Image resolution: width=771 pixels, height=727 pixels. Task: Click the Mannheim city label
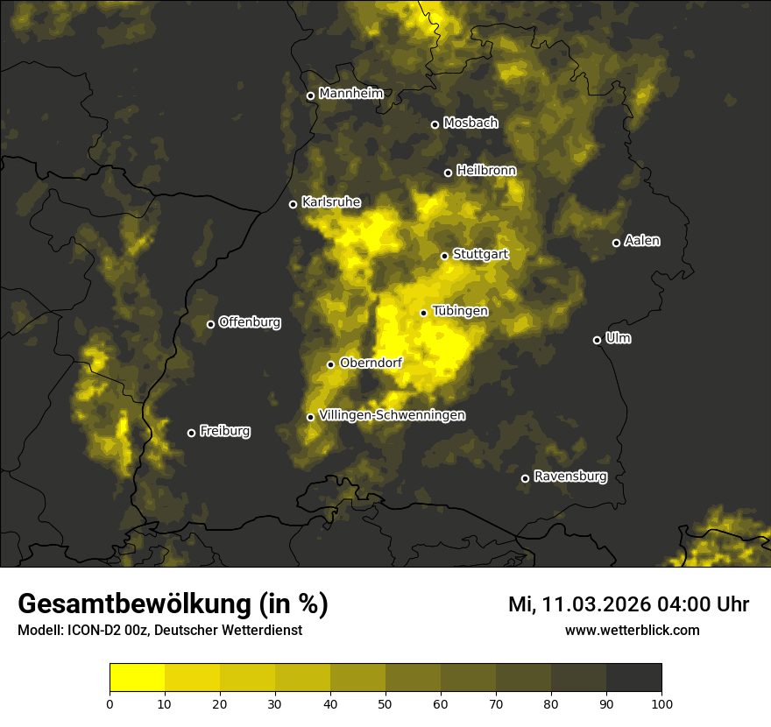[351, 93]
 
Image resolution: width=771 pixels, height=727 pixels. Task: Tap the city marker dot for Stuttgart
[444, 256]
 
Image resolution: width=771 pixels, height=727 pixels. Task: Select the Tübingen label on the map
[460, 311]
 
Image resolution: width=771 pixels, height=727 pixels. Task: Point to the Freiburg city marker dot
[191, 433]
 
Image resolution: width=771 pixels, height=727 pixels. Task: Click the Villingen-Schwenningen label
[393, 415]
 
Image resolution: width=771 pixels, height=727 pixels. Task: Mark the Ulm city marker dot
[597, 340]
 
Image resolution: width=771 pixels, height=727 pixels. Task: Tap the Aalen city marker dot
[616, 243]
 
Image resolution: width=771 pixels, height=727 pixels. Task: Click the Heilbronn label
[486, 170]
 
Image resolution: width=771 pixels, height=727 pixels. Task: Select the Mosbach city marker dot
[435, 124]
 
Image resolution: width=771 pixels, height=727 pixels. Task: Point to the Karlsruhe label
[331, 201]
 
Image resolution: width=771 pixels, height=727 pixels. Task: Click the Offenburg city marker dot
[210, 324]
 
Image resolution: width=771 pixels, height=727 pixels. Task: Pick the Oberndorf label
[371, 363]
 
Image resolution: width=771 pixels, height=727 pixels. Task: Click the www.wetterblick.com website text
[633, 630]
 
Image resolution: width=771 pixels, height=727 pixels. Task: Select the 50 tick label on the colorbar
[385, 703]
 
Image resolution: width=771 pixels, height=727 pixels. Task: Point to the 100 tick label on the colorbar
[661, 703]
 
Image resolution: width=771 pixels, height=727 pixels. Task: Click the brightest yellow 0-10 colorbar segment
[138, 678]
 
